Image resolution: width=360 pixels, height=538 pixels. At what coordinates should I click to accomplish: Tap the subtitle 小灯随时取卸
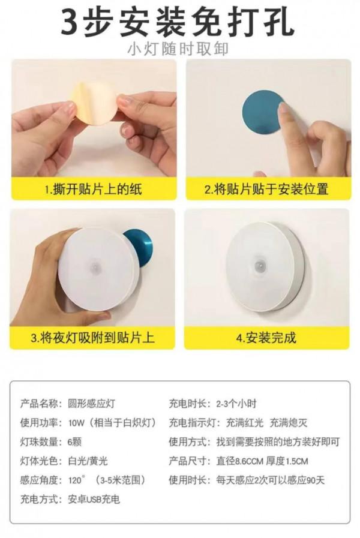(x=178, y=49)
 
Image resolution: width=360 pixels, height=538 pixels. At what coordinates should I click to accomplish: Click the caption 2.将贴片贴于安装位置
(x=266, y=190)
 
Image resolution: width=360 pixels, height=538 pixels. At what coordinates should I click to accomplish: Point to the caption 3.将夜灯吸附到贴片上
(x=93, y=337)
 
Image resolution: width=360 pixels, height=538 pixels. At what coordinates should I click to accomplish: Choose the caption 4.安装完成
(x=266, y=337)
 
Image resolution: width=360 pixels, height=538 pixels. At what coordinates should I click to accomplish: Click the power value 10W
(x=76, y=423)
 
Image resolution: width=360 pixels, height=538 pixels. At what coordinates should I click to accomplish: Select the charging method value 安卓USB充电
(x=94, y=499)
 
